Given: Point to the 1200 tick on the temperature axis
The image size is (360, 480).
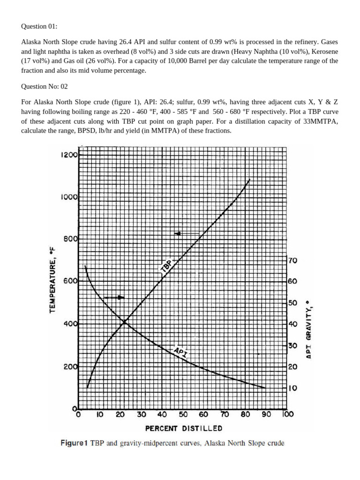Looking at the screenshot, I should click(68, 154).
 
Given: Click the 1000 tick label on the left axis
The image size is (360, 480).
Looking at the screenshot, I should click(68, 197).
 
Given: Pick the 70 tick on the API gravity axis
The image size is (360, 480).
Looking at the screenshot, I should click(292, 260).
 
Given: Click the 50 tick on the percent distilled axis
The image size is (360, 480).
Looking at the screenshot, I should click(182, 414).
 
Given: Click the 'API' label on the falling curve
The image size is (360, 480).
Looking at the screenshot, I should click(180, 352).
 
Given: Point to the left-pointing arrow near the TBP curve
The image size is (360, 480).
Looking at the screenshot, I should click(187, 233).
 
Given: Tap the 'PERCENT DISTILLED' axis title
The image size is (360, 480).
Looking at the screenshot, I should click(177, 428).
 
